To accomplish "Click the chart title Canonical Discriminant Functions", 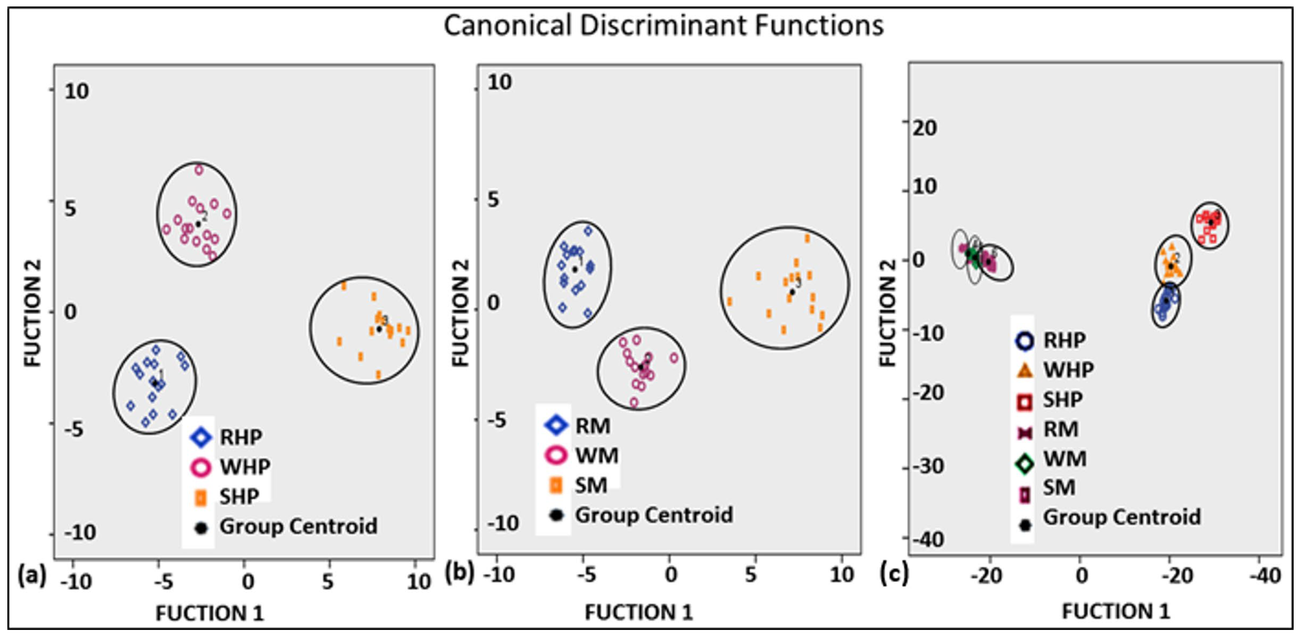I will click(663, 25).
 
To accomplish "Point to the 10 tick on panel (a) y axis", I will click(77, 91).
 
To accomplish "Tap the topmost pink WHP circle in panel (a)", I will click(199, 170).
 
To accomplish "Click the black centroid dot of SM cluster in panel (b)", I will click(792, 292).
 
